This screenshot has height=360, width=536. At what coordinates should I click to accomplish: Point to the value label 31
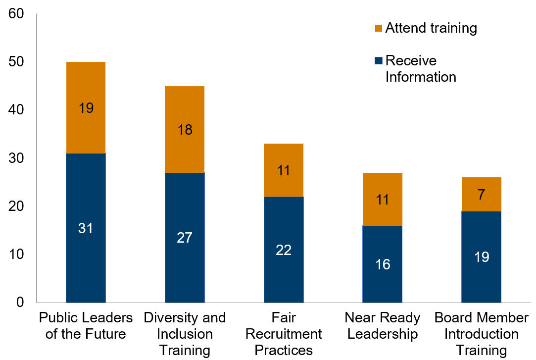click(x=86, y=229)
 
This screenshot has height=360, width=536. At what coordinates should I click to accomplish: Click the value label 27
click(x=185, y=238)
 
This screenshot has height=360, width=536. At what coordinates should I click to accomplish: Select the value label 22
click(x=284, y=250)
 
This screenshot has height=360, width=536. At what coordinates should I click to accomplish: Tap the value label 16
click(x=383, y=264)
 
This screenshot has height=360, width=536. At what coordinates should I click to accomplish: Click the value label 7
click(x=482, y=194)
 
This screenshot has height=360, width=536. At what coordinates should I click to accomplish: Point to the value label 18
click(x=185, y=130)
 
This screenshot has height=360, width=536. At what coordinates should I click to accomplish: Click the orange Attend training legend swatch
click(x=379, y=28)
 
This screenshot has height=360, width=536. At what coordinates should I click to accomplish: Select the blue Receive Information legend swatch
click(x=379, y=61)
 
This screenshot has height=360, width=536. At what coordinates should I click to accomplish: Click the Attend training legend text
click(x=431, y=28)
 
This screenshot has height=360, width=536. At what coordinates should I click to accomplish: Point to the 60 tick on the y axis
click(x=16, y=14)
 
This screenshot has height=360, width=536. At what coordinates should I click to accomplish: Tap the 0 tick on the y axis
click(x=20, y=302)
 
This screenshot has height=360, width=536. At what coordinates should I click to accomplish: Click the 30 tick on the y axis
click(x=16, y=158)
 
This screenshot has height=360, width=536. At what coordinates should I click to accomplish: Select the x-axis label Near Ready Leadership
click(x=383, y=325)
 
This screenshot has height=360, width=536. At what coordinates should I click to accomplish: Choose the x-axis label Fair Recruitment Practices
click(x=284, y=334)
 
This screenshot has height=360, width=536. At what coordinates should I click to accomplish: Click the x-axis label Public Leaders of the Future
click(x=86, y=325)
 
